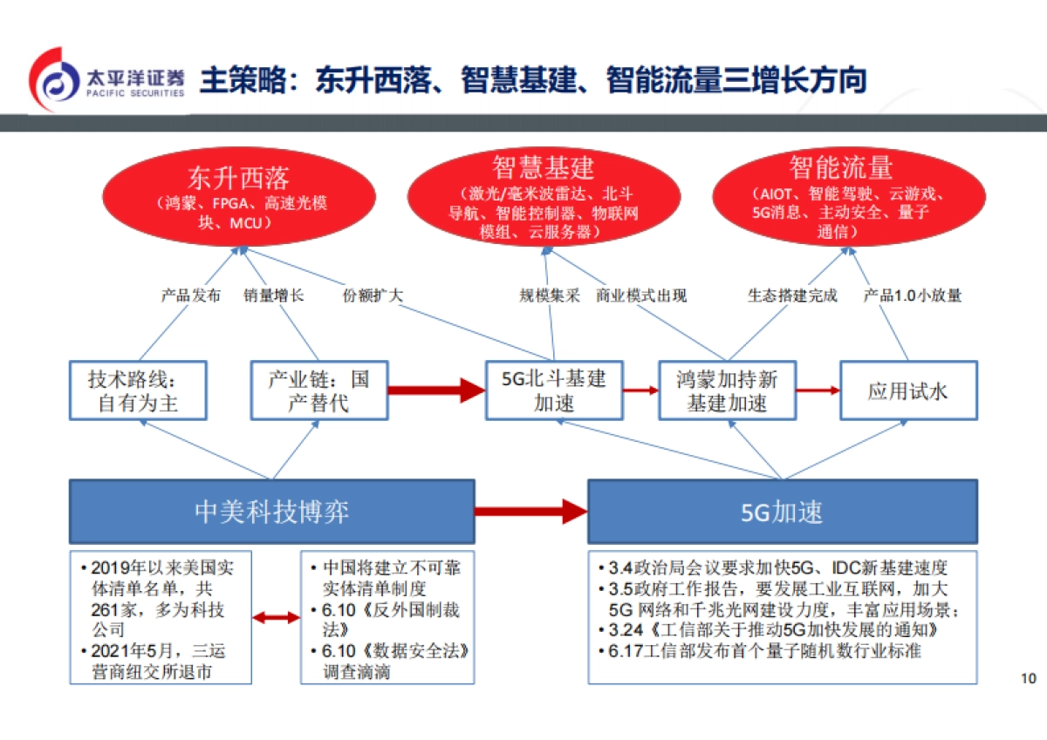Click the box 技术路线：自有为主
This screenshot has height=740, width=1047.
pyautogui.click(x=137, y=390)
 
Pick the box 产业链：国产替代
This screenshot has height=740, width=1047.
pyautogui.click(x=318, y=390)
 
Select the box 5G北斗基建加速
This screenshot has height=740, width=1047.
pyautogui.click(x=553, y=390)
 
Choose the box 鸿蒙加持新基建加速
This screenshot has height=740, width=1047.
pyautogui.click(x=727, y=390)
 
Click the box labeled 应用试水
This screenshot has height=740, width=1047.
pyautogui.click(x=907, y=390)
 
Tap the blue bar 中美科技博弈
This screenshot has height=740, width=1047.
pyautogui.click(x=271, y=511)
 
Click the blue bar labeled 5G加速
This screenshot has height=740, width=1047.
pyautogui.click(x=782, y=511)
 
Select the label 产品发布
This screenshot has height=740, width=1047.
pyautogui.click(x=191, y=295)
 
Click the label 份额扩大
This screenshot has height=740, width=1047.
pyautogui.click(x=373, y=295)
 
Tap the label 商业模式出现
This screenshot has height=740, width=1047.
pyautogui.click(x=641, y=295)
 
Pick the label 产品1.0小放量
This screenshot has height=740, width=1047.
pyautogui.click(x=913, y=295)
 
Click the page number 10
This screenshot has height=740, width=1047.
pyautogui.click(x=1027, y=679)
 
